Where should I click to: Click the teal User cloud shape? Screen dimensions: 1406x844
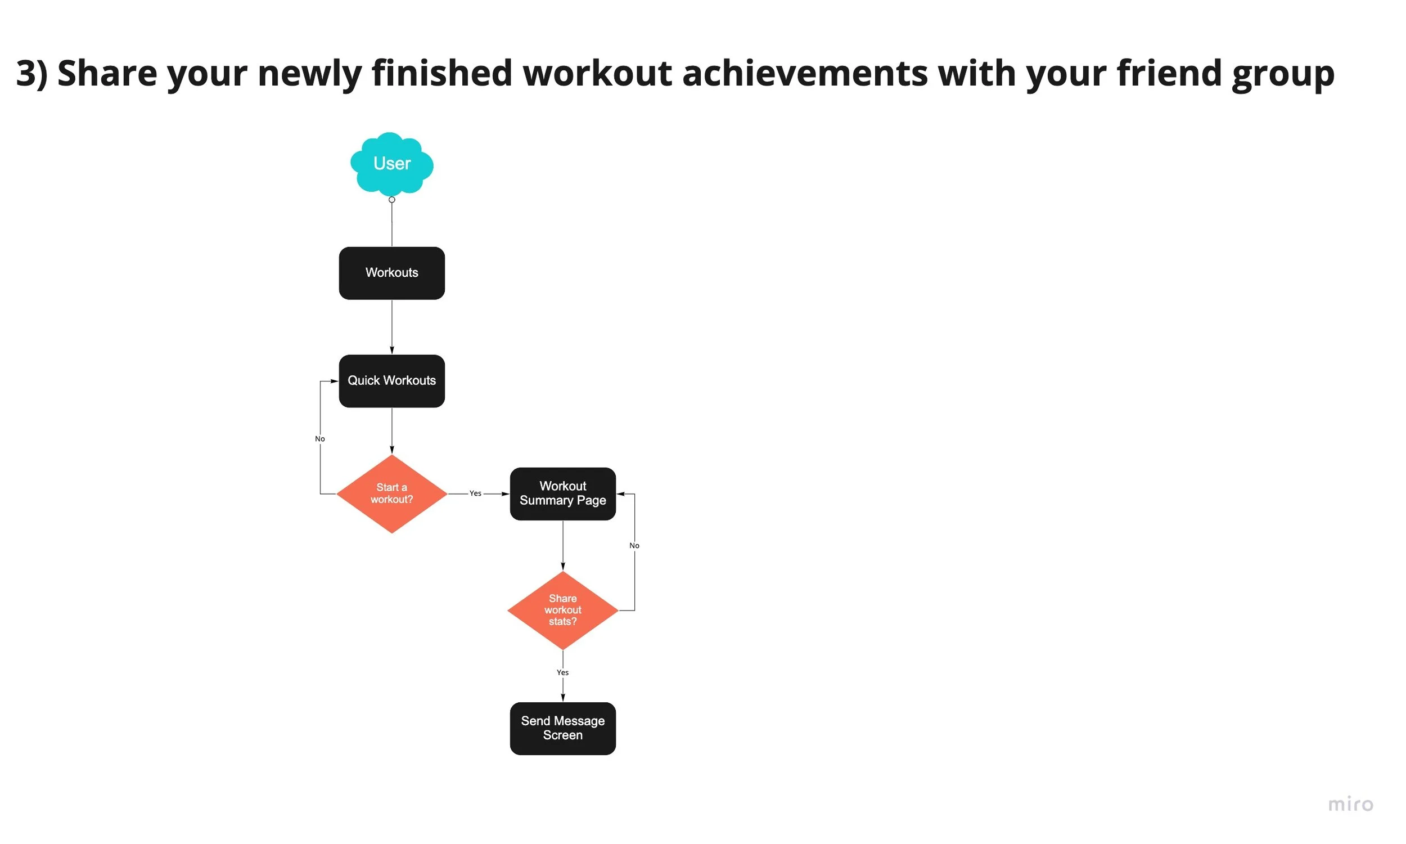pos(391,164)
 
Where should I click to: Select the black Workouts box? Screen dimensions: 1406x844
pos(391,273)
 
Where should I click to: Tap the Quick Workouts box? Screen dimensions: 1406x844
pos(391,380)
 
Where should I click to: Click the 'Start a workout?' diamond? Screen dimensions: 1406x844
pos(391,493)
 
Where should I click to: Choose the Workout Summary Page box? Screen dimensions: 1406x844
pos(562,493)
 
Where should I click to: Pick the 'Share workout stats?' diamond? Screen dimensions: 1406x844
pos(562,610)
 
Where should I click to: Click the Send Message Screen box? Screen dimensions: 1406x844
pos(562,728)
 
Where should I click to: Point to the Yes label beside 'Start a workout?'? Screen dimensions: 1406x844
pos(475,493)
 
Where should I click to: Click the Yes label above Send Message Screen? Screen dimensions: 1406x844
pos(562,672)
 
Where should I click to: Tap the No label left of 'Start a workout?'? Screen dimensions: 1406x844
pos(320,438)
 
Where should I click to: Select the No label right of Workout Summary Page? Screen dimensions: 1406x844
pos(634,545)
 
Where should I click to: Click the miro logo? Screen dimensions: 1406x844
pos(1350,804)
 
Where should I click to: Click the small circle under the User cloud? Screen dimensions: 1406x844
pos(391,200)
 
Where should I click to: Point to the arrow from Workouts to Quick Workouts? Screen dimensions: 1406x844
pos(391,327)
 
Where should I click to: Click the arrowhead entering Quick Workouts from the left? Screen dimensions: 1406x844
pos(334,381)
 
